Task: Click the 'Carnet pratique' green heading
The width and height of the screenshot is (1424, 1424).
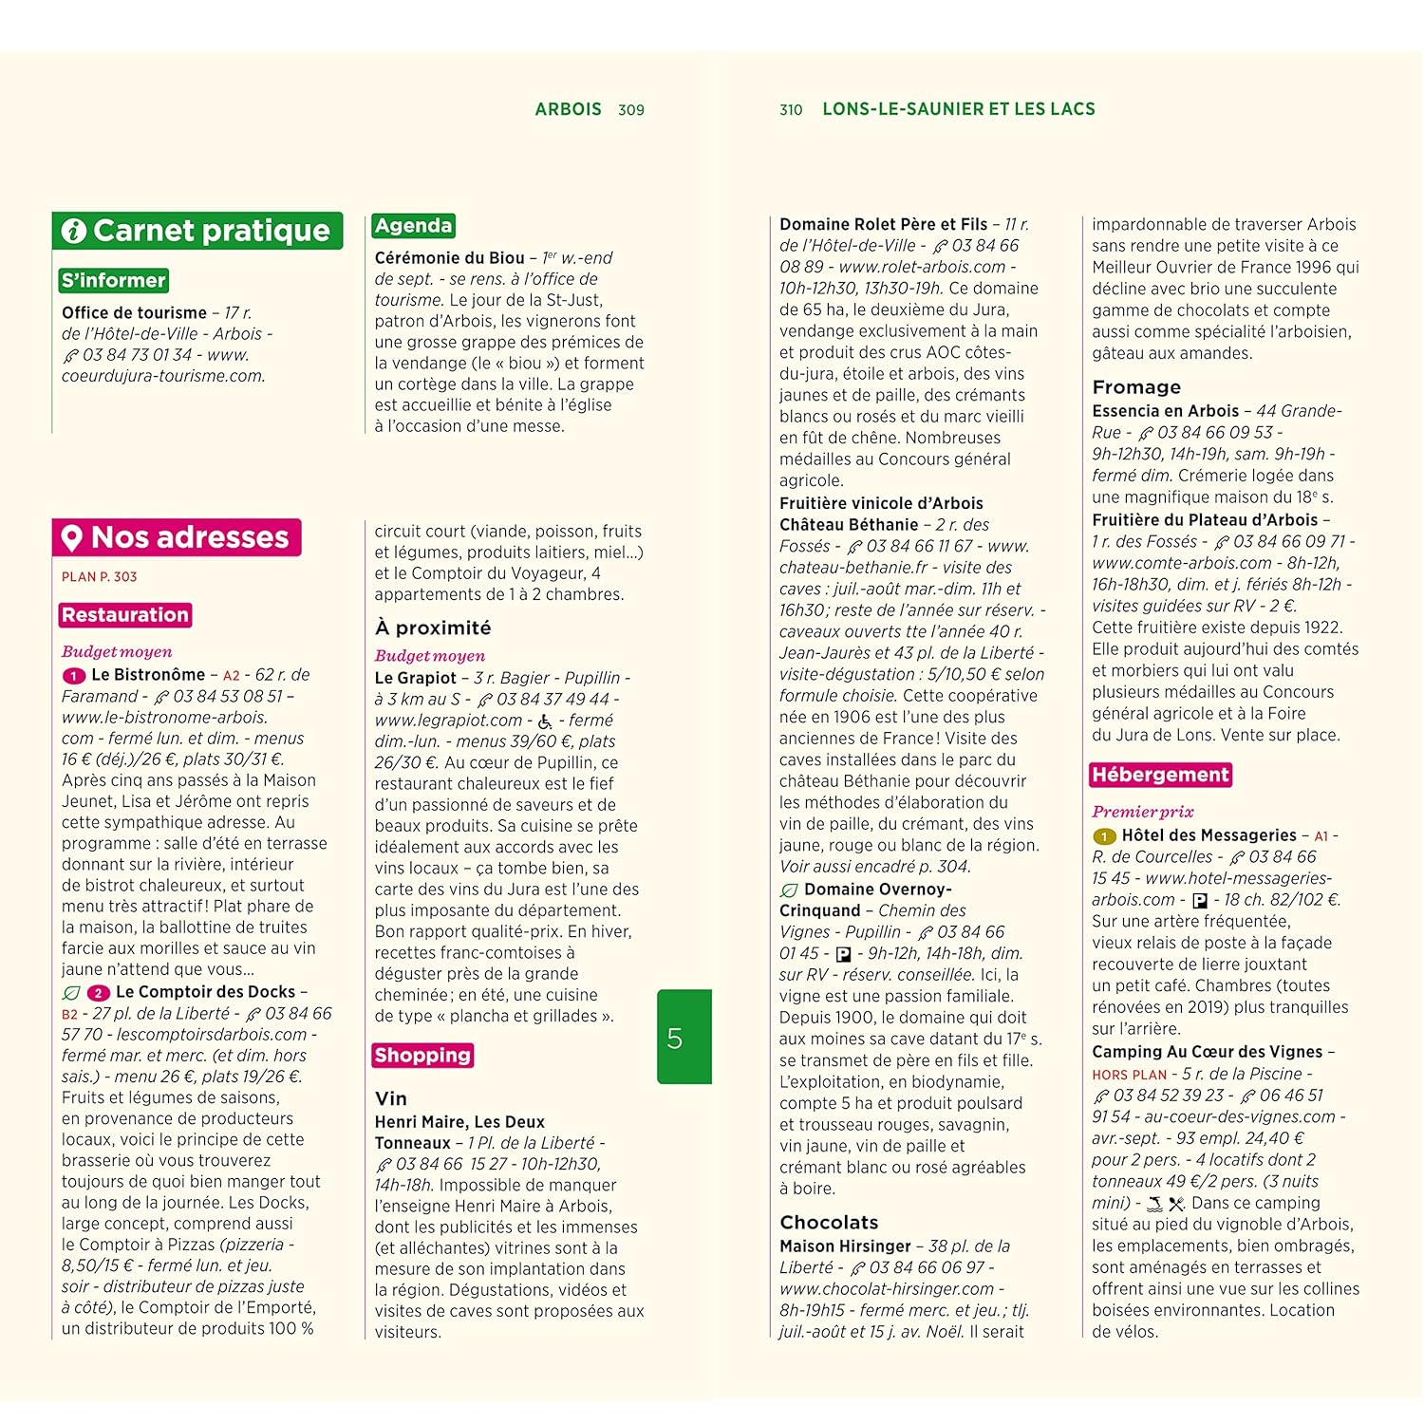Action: pyautogui.click(x=197, y=231)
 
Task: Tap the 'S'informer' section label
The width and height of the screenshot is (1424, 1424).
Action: pyautogui.click(x=114, y=280)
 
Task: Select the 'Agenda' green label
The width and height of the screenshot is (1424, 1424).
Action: pyautogui.click(x=413, y=226)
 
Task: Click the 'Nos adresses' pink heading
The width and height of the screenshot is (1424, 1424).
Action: pyautogui.click(x=177, y=537)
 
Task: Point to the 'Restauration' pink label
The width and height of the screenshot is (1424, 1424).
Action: pyautogui.click(x=125, y=615)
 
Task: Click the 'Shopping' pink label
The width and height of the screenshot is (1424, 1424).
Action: pyautogui.click(x=422, y=1055)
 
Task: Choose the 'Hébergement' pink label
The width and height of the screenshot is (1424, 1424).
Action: pyautogui.click(x=1160, y=775)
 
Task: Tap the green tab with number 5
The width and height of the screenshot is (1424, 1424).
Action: pyautogui.click(x=684, y=1037)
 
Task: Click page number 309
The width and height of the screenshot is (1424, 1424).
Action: pyautogui.click(x=631, y=110)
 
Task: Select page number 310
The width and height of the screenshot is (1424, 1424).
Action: pyautogui.click(x=791, y=110)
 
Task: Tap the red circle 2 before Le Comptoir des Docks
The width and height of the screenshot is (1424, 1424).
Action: pyautogui.click(x=98, y=993)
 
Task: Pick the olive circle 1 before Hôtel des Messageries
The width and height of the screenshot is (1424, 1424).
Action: pyautogui.click(x=1103, y=836)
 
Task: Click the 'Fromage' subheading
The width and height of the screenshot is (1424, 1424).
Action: pyautogui.click(x=1136, y=387)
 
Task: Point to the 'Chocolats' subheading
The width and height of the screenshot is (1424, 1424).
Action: pyautogui.click(x=828, y=1223)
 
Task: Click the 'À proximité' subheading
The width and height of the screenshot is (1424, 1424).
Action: pyautogui.click(x=433, y=628)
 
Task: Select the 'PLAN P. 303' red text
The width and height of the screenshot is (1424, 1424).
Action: pyautogui.click(x=100, y=576)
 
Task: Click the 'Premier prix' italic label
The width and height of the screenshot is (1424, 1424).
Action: pyautogui.click(x=1142, y=812)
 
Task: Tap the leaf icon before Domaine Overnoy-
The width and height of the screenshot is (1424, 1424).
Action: pyautogui.click(x=788, y=890)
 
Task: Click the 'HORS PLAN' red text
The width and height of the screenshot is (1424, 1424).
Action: pyautogui.click(x=1129, y=1075)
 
